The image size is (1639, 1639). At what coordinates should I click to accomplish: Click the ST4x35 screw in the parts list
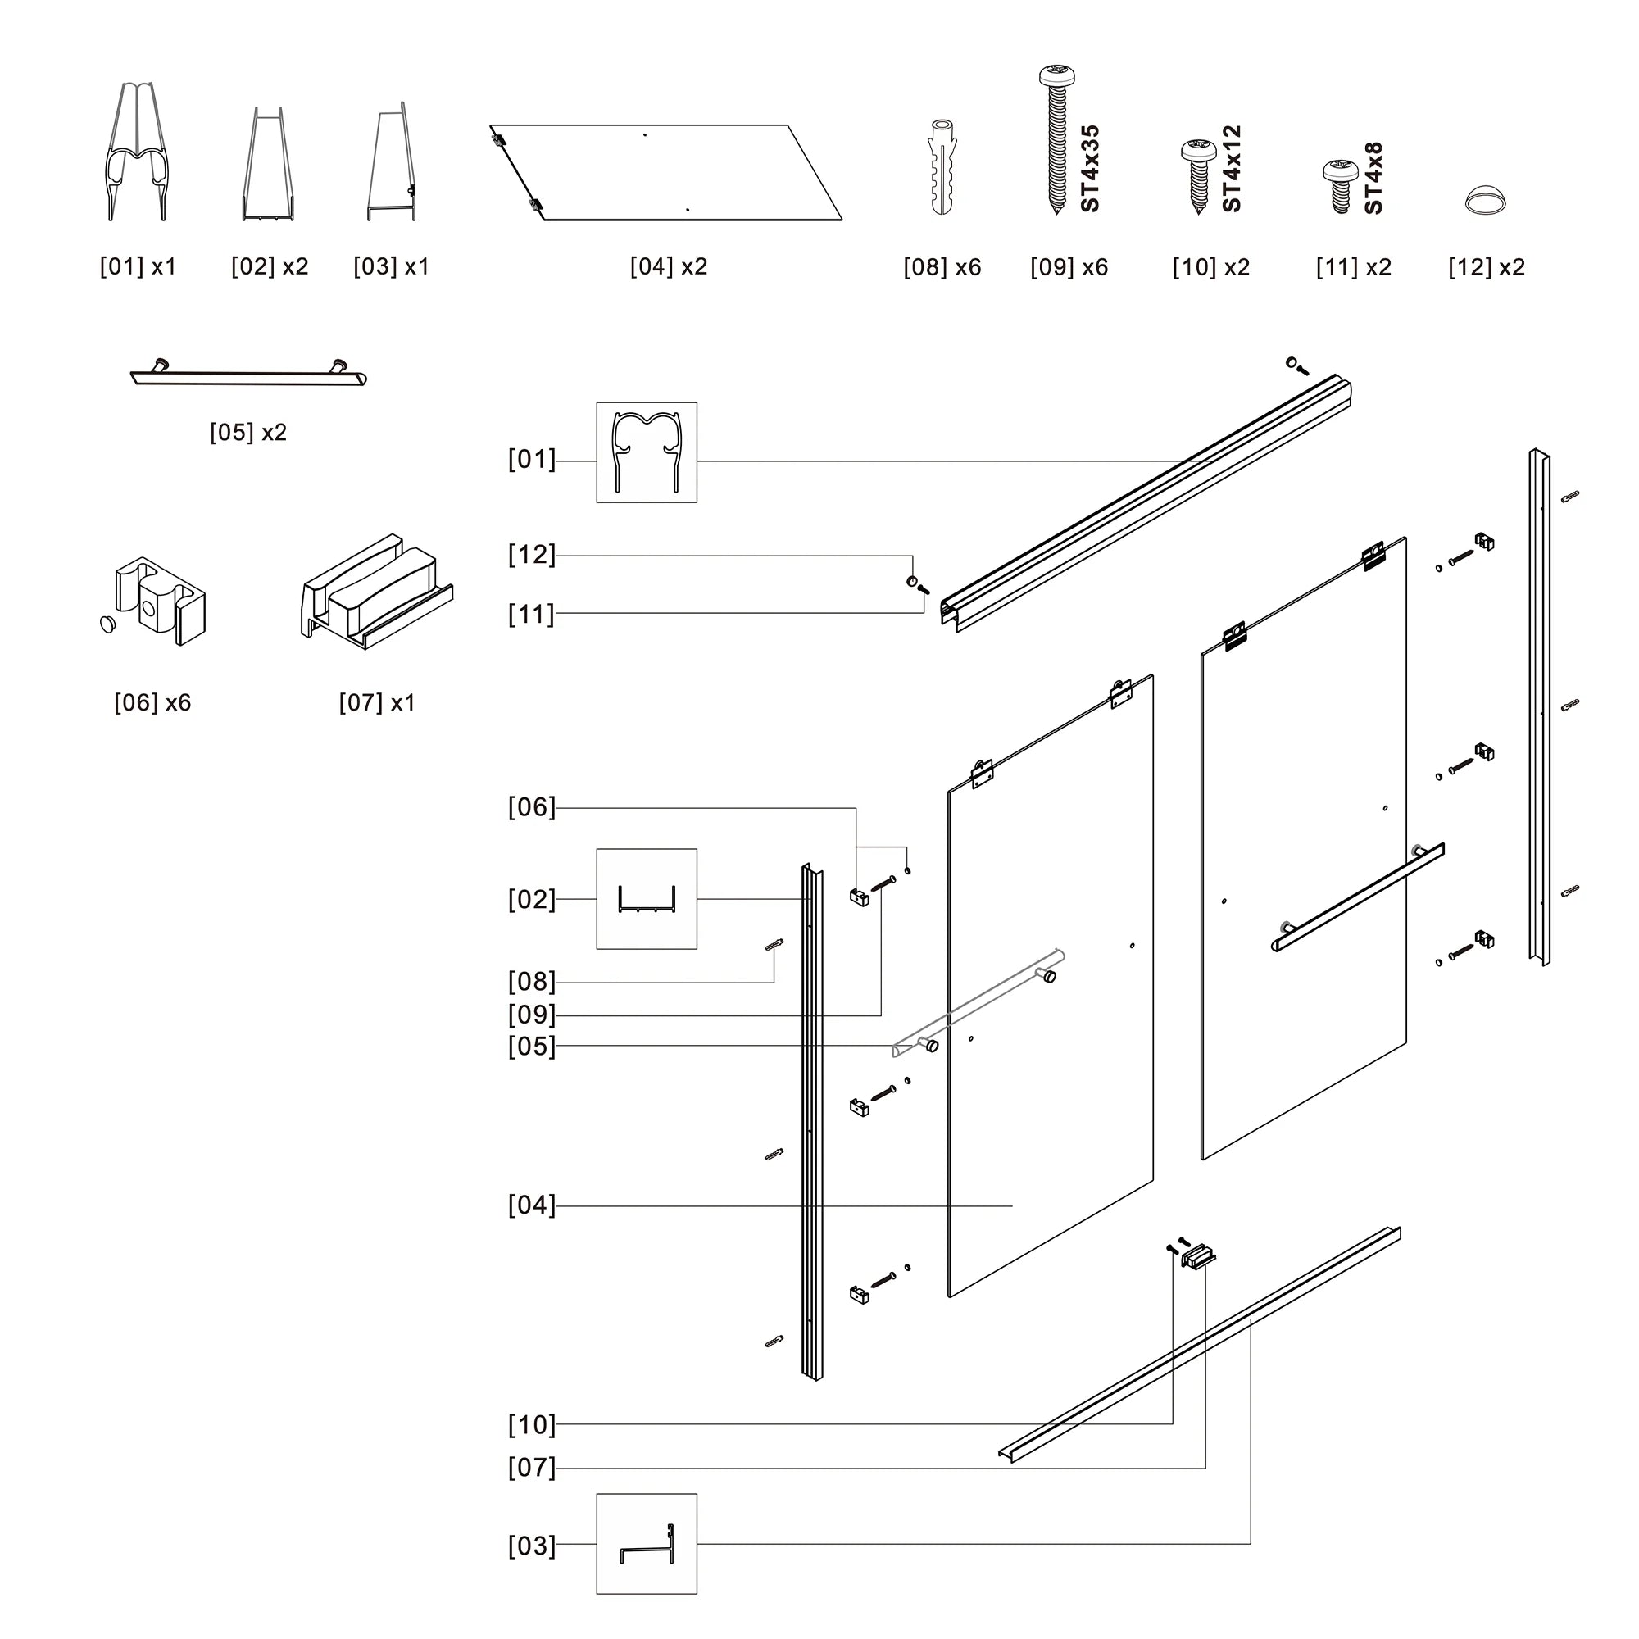[1057, 140]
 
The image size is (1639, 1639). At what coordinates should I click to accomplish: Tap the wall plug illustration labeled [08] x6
[942, 166]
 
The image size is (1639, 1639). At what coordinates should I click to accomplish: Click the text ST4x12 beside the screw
[1232, 169]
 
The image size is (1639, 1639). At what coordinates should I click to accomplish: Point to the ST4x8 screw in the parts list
[1340, 186]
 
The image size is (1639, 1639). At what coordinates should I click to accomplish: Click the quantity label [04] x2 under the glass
[669, 266]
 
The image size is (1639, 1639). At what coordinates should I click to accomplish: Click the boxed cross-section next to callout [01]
[647, 452]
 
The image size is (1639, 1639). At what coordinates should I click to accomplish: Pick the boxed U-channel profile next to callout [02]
[647, 898]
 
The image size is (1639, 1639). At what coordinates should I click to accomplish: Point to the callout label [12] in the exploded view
[531, 555]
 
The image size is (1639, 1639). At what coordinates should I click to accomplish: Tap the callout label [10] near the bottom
[531, 1425]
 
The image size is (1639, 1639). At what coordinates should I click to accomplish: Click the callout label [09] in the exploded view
[531, 1015]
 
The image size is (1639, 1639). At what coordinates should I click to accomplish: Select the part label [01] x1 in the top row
[138, 266]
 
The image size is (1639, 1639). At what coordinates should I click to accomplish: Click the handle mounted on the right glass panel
[1357, 897]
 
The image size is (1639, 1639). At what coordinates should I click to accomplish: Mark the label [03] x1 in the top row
[391, 266]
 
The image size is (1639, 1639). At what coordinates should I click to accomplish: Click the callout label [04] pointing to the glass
[531, 1205]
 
